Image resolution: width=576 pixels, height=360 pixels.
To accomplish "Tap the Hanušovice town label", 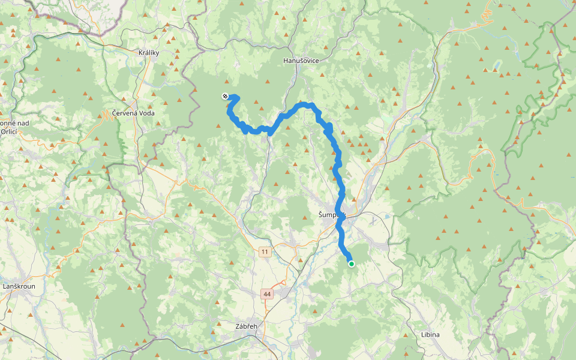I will [301, 61].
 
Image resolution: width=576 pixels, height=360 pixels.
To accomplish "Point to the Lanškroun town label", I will [19, 286].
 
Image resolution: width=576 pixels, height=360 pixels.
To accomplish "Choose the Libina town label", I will [430, 334].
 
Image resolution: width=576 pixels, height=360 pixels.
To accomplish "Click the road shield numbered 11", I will [265, 252].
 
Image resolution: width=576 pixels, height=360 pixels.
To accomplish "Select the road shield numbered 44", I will [267, 294].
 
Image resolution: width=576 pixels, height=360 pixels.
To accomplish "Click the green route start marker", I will [351, 263].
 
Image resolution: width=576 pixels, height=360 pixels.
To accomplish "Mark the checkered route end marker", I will [224, 96].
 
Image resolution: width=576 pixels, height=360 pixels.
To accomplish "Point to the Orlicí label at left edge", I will [8, 131].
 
